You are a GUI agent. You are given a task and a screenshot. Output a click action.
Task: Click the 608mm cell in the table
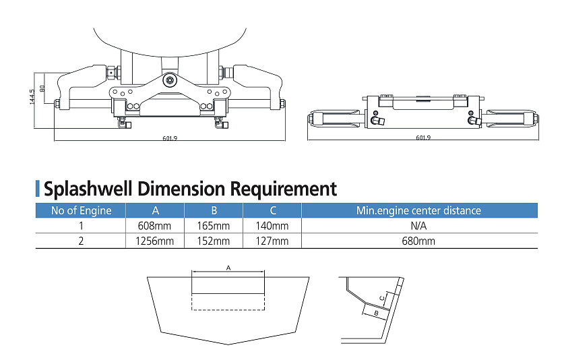coord(155,226)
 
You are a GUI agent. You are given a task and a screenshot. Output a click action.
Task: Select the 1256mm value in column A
coord(155,241)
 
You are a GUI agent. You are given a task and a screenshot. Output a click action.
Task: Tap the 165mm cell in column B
coord(214,226)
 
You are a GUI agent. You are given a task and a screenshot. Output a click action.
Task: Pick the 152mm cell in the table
coord(214,241)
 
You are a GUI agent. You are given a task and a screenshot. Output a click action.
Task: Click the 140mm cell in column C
coord(272,226)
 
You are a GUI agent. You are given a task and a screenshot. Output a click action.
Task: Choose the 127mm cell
coord(272,241)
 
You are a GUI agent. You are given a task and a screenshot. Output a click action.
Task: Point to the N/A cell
coord(418,226)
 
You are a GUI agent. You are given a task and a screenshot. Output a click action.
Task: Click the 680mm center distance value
coord(418,241)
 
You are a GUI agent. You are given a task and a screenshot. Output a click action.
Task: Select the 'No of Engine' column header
coord(81,210)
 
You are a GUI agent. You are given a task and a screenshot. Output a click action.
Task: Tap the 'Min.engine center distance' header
coord(418,210)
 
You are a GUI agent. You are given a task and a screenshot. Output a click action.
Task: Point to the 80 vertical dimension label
coord(42,87)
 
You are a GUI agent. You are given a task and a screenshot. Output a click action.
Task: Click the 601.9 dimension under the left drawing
coord(169,138)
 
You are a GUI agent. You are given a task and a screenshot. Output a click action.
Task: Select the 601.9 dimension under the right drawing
coord(423,138)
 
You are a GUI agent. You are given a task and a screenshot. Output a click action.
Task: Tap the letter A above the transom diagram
coord(228,268)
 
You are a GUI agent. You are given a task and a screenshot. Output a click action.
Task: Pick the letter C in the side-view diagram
coord(382,297)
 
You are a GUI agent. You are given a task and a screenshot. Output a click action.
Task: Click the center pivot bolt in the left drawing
coord(170,80)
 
